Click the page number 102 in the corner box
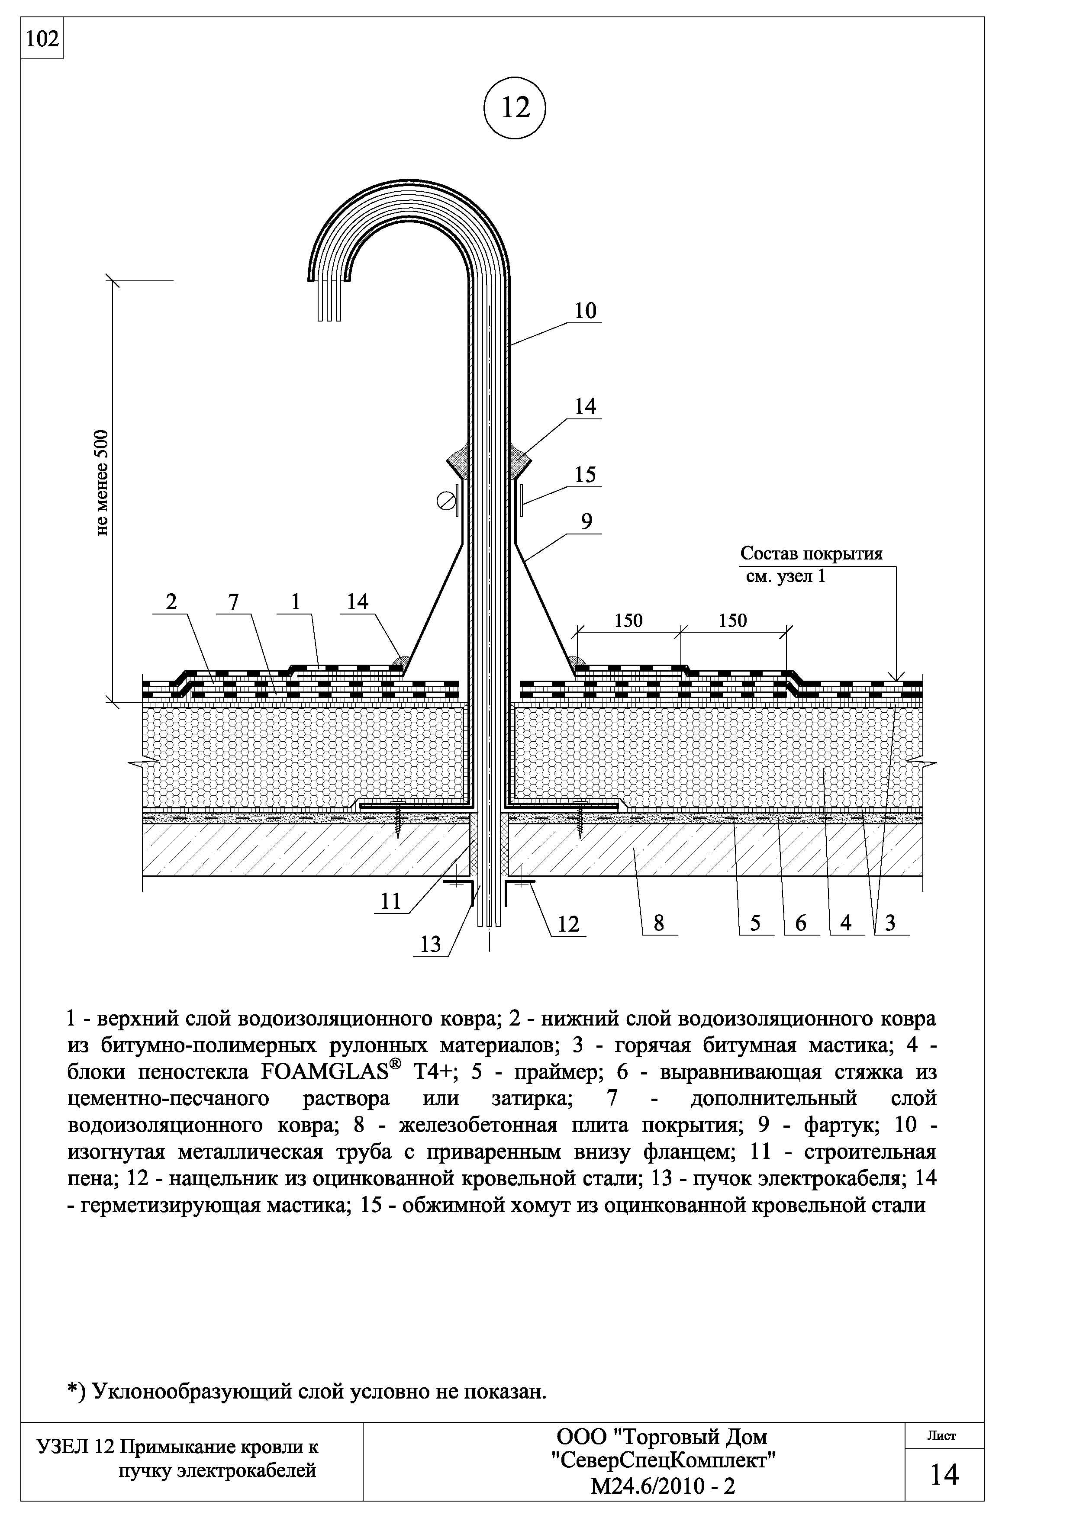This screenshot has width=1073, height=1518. [42, 40]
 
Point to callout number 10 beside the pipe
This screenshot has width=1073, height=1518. [585, 311]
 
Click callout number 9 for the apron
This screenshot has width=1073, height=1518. [586, 521]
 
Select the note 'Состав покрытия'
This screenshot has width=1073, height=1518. [811, 553]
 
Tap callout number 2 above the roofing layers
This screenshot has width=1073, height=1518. [172, 601]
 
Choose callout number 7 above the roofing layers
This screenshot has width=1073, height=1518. [233, 601]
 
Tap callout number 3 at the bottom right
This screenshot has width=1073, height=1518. [890, 923]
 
